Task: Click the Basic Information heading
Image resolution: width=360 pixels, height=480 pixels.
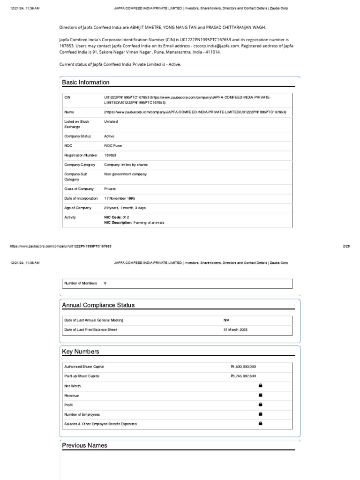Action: pyautogui.click(x=86, y=82)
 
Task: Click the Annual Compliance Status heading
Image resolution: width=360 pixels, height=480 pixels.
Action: pyautogui.click(x=98, y=305)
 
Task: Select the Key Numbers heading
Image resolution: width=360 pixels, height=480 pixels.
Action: pyautogui.click(x=81, y=352)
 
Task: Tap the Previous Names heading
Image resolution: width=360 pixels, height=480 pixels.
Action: pyautogui.click(x=85, y=445)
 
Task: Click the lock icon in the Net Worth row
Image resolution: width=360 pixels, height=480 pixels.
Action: pyautogui.click(x=261, y=385)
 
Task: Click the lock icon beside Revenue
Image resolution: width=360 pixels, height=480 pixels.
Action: pyautogui.click(x=261, y=395)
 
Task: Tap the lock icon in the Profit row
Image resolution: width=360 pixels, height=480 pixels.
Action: pyautogui.click(x=261, y=405)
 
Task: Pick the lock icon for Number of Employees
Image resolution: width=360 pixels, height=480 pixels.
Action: pyautogui.click(x=261, y=414)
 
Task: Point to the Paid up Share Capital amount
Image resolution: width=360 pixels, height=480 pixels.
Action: pyautogui.click(x=243, y=376)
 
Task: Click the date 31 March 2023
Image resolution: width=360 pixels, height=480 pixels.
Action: pyautogui.click(x=235, y=330)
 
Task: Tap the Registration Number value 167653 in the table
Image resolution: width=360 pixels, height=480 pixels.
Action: pyautogui.click(x=110, y=155)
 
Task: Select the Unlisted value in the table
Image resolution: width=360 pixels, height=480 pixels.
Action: pyautogui.click(x=111, y=121)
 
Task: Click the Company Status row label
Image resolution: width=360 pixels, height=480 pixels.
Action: pyautogui.click(x=77, y=136)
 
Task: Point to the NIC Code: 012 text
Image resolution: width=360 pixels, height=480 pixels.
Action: pyautogui.click(x=116, y=217)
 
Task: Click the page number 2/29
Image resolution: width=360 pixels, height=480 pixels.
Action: pyautogui.click(x=346, y=246)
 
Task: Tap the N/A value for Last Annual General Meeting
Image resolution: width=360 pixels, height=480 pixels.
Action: pyautogui.click(x=227, y=320)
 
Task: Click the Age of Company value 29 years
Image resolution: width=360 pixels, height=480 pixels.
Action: pyautogui.click(x=125, y=208)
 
